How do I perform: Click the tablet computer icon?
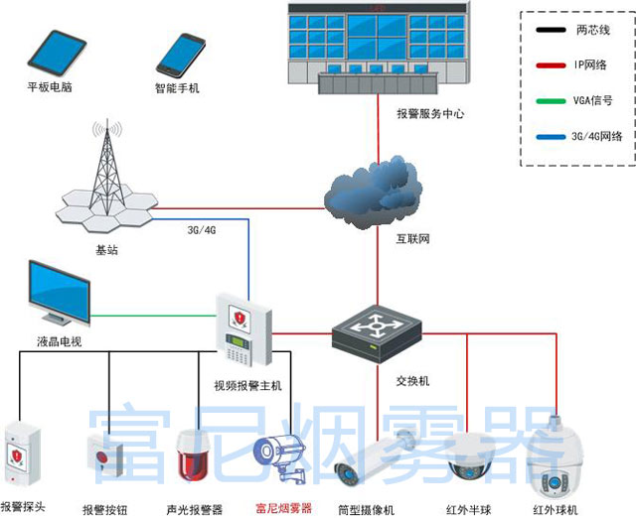(57, 53)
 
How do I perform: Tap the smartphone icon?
(181, 56)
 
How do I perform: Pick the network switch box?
(377, 333)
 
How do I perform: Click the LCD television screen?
(60, 293)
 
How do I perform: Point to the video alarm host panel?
(243, 329)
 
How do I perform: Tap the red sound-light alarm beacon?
(193, 455)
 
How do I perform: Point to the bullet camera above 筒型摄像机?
(374, 456)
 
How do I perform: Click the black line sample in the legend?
(551, 30)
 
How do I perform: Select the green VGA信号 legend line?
(551, 101)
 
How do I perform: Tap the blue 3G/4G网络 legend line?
(551, 137)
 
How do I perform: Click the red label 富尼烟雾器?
(283, 508)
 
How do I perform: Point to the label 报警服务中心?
(430, 114)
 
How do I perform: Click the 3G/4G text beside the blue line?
(201, 230)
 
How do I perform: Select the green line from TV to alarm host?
(153, 316)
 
